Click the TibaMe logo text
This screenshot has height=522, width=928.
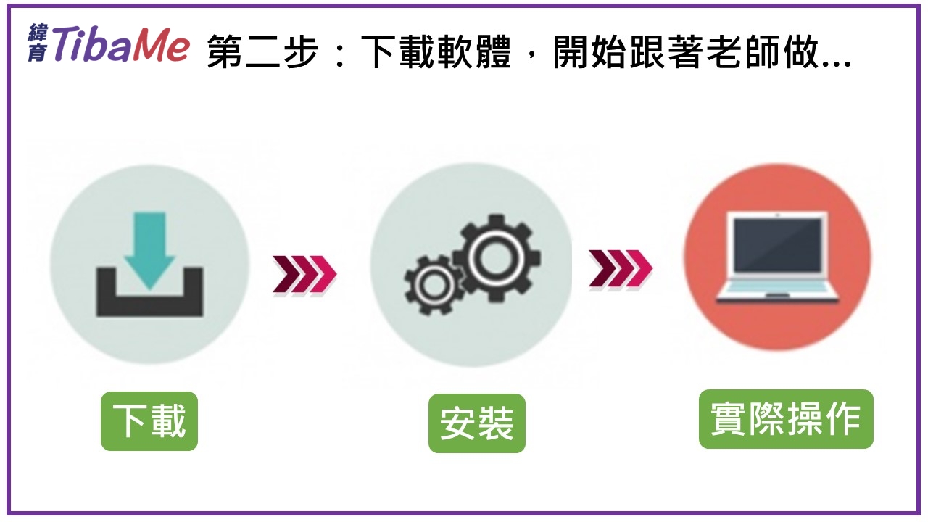[x=122, y=45]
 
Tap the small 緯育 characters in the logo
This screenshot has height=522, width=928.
[x=37, y=43]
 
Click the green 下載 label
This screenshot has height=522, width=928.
[x=149, y=420]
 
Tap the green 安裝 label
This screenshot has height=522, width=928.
[x=476, y=423]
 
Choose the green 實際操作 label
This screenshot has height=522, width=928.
[x=786, y=419]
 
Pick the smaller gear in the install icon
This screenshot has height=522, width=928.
[x=434, y=285]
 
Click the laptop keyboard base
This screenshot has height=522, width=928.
[x=776, y=293]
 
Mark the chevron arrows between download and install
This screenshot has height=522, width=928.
[x=304, y=274]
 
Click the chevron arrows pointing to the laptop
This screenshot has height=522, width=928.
[x=620, y=268]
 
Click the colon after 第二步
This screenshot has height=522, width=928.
[x=335, y=54]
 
